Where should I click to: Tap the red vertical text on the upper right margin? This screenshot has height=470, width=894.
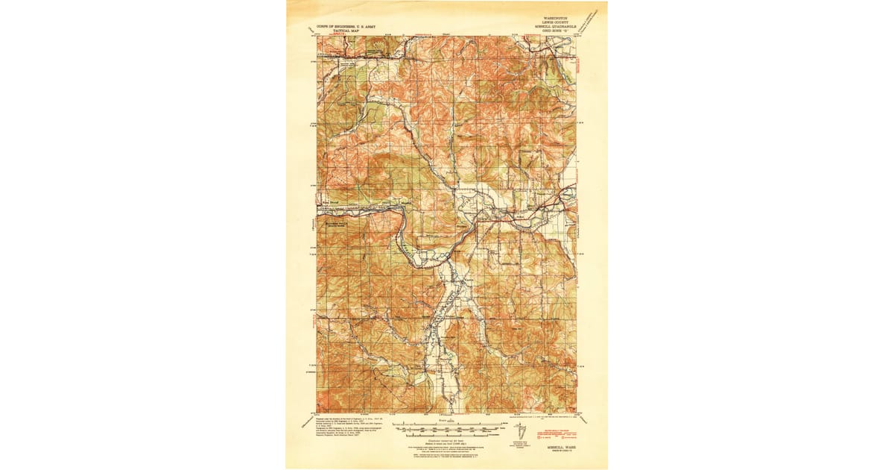point(580,75)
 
